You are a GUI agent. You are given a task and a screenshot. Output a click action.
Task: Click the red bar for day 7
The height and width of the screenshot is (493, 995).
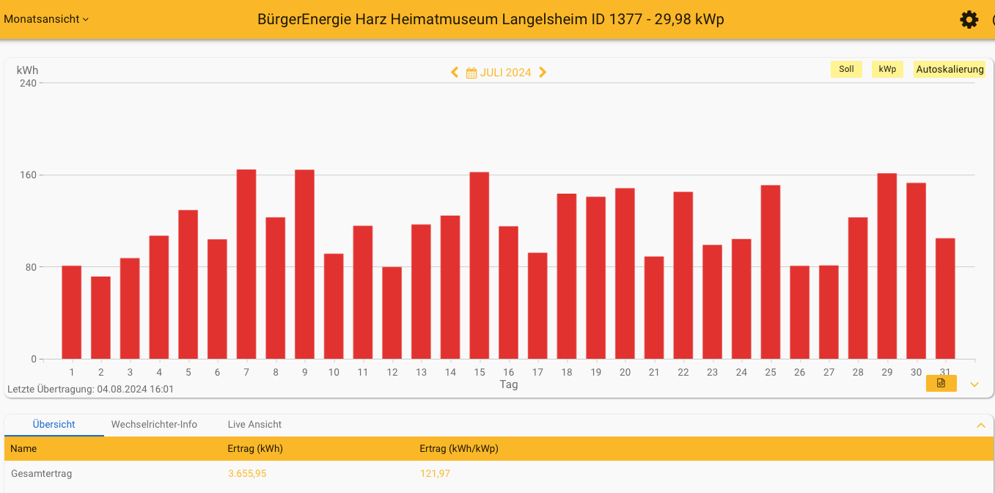246,264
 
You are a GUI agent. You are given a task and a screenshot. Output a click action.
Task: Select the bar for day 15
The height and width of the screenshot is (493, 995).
480,266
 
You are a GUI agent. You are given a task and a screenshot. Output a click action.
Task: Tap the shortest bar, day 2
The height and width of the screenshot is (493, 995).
100,318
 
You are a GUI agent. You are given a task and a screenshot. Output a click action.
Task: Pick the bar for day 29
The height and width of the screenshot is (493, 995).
887,266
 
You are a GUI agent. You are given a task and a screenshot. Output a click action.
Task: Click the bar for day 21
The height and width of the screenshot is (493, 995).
654,307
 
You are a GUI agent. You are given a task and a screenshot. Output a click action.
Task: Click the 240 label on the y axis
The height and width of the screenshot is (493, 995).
28,83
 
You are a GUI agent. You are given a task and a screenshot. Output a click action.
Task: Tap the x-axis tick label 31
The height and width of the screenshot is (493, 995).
945,372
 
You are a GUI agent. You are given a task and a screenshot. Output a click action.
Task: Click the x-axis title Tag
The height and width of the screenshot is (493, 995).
509,384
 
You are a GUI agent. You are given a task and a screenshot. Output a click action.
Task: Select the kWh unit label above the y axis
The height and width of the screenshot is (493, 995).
27,70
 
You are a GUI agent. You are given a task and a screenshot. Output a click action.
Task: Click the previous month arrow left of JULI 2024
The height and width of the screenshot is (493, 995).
455,72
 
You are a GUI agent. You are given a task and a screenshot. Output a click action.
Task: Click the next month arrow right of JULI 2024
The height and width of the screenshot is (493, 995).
543,72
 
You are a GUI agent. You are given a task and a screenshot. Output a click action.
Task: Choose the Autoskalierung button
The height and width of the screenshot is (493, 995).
950,70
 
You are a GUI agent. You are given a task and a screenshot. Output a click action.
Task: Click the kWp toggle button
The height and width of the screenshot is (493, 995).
887,70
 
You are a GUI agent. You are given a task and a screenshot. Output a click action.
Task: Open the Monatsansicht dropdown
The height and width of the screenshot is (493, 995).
46,19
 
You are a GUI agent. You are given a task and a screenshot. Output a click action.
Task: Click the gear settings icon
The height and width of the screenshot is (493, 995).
969,20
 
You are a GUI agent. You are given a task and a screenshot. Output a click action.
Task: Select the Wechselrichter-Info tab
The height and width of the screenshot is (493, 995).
154,424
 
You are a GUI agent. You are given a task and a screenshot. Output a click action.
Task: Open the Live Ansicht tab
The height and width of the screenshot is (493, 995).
254,424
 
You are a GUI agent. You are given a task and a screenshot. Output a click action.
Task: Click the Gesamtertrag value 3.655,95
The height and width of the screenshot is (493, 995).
247,474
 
